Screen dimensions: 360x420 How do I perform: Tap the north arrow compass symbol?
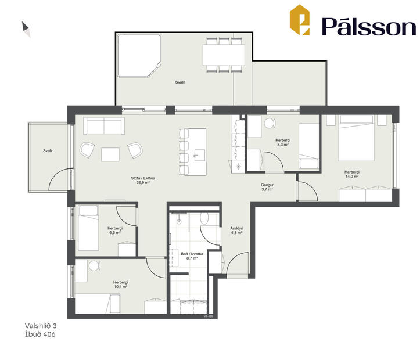(26, 28)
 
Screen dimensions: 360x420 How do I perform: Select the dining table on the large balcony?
(224, 56)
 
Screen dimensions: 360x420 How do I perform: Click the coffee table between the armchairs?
(110, 153)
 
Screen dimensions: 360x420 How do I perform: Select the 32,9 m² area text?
(139, 182)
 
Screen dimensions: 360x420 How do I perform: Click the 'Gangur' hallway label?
(267, 185)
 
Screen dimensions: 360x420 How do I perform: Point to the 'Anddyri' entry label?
(236, 229)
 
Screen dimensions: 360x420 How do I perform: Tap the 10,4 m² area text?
(121, 287)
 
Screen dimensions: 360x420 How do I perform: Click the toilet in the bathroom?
(204, 218)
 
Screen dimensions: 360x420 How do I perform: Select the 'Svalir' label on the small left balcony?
(48, 150)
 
